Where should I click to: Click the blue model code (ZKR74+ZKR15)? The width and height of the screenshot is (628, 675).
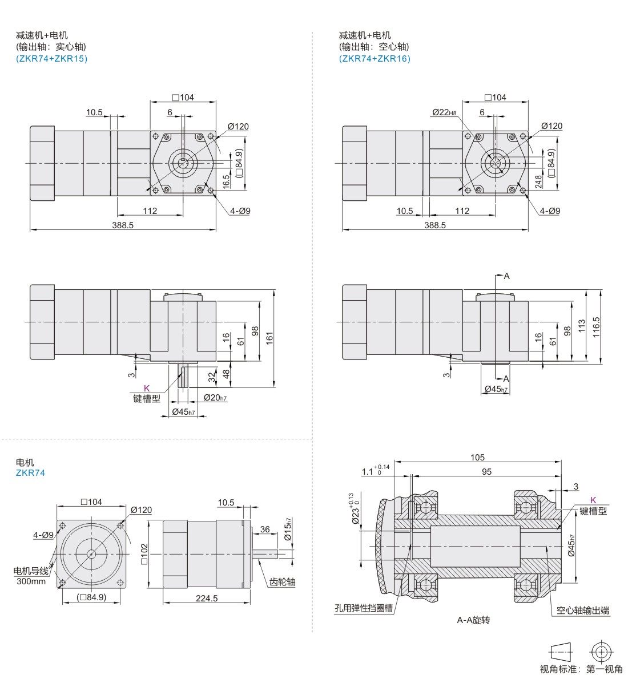click(52, 59)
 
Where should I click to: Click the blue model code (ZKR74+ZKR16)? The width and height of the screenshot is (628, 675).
click(375, 59)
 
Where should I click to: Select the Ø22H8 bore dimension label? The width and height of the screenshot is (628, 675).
click(444, 112)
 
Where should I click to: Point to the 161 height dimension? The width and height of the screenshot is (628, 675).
click(269, 338)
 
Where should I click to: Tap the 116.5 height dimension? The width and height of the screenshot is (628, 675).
click(596, 327)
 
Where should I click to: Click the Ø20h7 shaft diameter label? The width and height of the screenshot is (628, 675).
click(215, 398)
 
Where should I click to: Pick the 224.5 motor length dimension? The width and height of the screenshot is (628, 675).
click(207, 598)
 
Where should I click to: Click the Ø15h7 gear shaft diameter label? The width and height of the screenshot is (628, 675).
click(288, 529)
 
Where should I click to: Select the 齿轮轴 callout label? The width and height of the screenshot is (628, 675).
click(282, 582)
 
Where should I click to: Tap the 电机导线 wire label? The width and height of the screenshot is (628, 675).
click(31, 571)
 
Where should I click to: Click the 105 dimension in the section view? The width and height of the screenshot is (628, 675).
click(477, 457)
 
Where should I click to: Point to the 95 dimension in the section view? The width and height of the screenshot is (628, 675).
click(486, 472)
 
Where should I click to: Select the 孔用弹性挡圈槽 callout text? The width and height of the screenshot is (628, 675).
click(364, 608)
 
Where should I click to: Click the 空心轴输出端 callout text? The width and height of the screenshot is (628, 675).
click(583, 610)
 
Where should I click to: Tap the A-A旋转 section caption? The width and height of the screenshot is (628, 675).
click(473, 620)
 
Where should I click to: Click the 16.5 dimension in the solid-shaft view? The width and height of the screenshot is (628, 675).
click(226, 181)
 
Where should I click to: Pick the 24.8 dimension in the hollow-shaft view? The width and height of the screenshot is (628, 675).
click(538, 181)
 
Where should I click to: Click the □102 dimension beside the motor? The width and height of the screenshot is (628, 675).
click(144, 554)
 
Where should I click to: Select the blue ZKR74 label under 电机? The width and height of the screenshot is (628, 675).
click(30, 472)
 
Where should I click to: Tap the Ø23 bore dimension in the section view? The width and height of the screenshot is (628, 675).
click(353, 510)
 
